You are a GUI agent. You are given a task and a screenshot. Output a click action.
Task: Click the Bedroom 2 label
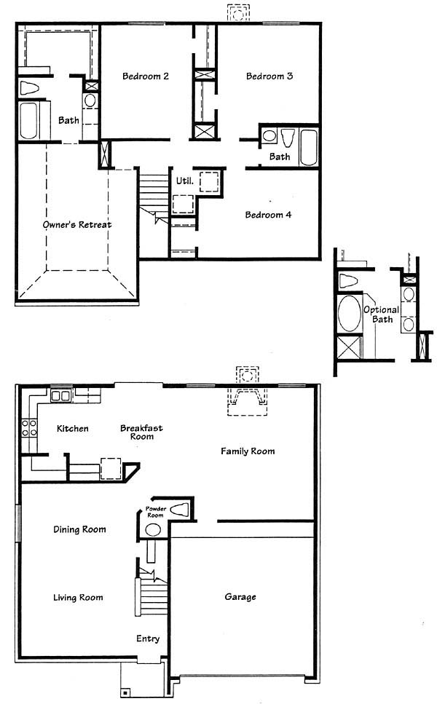[x=146, y=76]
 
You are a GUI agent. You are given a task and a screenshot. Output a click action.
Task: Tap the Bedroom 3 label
[x=269, y=76]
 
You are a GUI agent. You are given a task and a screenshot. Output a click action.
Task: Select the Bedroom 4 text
[x=268, y=215]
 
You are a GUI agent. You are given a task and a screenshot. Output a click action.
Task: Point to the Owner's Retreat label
[x=77, y=224]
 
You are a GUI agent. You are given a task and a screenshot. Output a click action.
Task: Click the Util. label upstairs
[x=184, y=181]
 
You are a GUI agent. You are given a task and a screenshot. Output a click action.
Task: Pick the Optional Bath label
[x=382, y=315]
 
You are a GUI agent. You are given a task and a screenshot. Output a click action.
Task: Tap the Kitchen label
[x=72, y=428]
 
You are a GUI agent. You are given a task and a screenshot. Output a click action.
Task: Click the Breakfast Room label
[x=141, y=432]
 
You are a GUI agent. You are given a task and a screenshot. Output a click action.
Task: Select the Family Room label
[x=248, y=451]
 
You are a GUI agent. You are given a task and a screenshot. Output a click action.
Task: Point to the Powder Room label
[x=155, y=512]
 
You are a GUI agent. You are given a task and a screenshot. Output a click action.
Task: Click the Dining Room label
[x=79, y=529]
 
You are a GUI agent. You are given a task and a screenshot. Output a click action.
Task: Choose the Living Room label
[x=78, y=597]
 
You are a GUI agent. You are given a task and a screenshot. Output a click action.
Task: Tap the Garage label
[x=240, y=597]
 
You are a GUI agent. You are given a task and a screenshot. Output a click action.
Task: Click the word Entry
[x=148, y=638]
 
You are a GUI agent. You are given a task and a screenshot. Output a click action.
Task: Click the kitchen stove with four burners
[x=29, y=427]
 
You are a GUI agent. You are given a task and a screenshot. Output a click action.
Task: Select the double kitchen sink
[x=60, y=395]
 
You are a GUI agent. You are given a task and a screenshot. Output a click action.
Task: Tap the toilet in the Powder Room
[x=178, y=510]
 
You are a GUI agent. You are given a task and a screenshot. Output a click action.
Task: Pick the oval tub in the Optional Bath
[x=350, y=313]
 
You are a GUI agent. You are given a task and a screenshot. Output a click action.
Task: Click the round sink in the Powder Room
[x=153, y=530]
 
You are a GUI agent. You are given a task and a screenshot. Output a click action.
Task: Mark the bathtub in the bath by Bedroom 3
[x=309, y=147]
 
